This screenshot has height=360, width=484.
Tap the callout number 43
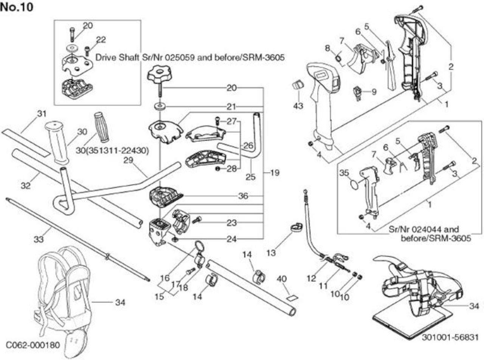tap(298, 106)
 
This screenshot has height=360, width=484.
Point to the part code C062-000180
tap(33, 345)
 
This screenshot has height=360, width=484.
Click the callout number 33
tap(39, 239)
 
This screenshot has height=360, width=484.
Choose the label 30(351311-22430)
tap(112, 151)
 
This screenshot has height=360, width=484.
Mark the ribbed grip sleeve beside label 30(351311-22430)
tap(102, 127)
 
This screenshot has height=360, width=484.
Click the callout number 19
tap(275, 173)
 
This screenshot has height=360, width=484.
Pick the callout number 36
tap(243, 196)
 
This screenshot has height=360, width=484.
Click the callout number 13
tap(271, 253)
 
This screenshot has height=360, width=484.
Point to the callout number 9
tap(374, 92)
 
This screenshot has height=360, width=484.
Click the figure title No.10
tap(17, 8)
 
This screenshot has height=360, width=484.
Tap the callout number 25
tap(250, 177)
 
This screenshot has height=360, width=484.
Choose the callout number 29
tap(128, 160)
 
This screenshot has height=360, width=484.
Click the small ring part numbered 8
tap(338, 59)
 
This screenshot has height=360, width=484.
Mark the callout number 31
tap(42, 113)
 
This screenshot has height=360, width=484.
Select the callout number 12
tap(311, 278)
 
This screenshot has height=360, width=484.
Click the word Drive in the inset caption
tap(106, 57)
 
